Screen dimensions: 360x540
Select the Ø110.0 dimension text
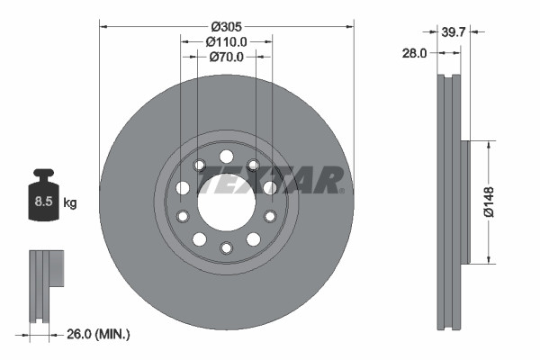(226, 40)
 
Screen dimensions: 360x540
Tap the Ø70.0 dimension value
(226, 57)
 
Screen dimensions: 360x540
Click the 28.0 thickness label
(415, 53)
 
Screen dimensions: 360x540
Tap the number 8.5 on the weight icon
(42, 202)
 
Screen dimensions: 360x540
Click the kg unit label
(70, 203)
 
